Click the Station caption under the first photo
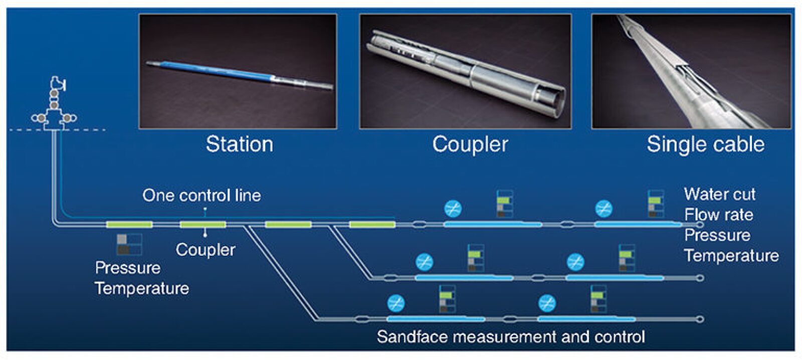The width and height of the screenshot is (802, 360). pos(240,144)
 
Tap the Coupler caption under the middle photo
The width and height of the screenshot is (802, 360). pos(470,144)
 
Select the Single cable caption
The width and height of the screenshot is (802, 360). pos(705,144)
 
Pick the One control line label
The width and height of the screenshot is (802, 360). pos(202,195)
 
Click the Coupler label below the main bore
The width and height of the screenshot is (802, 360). pos(206,249)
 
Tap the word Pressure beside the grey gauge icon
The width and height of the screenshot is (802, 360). pos(128,268)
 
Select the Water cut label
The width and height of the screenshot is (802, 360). pos(719,194)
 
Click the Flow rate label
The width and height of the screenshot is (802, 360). pos(718,215)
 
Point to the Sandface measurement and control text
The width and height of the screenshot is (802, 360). pos(510,336)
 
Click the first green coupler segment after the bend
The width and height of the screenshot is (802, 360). pos(129,225)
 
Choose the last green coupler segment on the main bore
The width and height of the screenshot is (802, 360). pos(372,225)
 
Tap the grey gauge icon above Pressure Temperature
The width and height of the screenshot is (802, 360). pos(129,244)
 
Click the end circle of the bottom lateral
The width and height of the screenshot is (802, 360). pos(700,319)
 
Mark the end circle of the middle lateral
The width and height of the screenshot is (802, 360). pos(700,278)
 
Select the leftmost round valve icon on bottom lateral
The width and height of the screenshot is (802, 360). pos(396,303)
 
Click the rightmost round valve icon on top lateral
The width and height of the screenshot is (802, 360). pos(604,208)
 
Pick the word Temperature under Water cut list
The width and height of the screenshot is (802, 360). pos(731,256)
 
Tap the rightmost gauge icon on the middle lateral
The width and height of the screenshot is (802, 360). pos(627,258)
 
